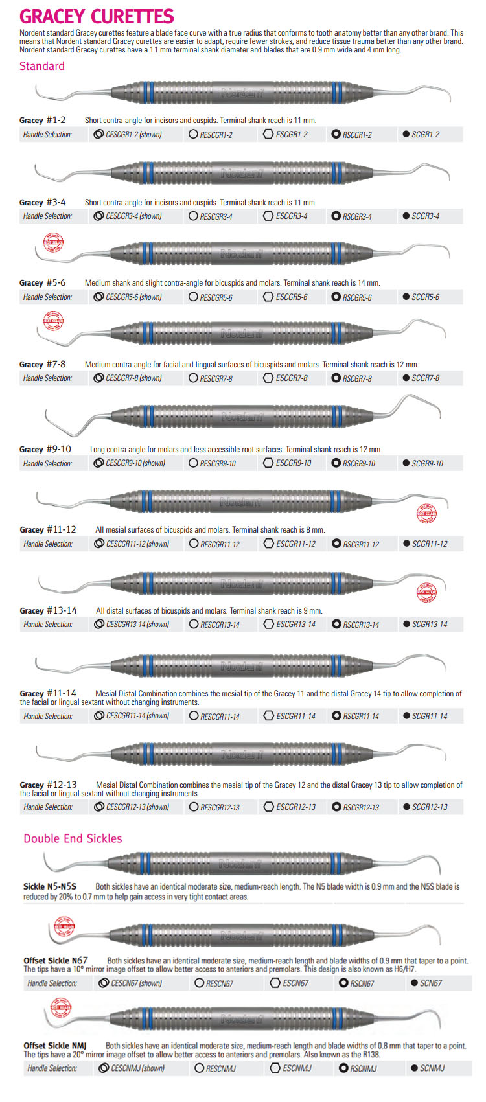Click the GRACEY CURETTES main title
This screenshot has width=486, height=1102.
tap(97, 16)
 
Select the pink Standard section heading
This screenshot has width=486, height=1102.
tap(42, 65)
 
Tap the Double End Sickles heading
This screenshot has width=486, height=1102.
tap(73, 838)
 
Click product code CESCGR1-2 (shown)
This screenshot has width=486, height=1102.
tap(133, 135)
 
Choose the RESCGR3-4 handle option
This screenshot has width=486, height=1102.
tap(216, 216)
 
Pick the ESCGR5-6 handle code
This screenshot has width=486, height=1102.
tap(291, 297)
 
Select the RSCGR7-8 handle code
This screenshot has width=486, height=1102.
tap(357, 378)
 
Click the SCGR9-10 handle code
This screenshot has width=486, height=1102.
tap(427, 463)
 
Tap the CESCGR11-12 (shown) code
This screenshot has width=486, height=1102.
tap(137, 544)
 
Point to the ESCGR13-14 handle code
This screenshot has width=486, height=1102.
tap(295, 625)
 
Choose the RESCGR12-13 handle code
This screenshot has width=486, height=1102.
tap(220, 807)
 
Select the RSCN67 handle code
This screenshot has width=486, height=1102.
tap(362, 983)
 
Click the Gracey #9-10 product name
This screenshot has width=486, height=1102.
tap(45, 449)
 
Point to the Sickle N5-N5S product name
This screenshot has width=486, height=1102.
tap(50, 886)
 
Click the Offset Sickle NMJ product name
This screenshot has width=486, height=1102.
tap(55, 1046)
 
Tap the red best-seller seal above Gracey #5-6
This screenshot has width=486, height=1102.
tap(54, 243)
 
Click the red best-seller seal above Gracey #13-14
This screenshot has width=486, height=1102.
tap(426, 591)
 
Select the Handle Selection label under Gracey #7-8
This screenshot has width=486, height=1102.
tap(47, 378)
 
